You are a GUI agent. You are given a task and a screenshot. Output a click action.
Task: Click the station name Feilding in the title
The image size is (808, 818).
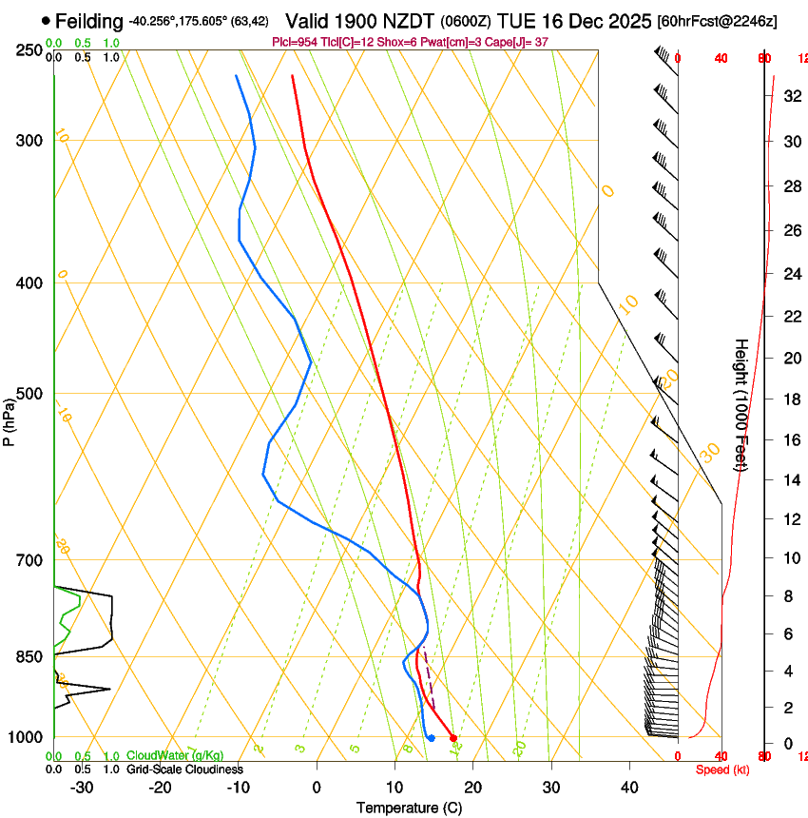(x=89, y=21)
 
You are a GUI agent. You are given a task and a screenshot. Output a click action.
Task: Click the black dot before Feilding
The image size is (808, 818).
(x=46, y=20)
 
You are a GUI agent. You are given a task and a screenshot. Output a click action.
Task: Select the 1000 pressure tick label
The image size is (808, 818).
(x=29, y=737)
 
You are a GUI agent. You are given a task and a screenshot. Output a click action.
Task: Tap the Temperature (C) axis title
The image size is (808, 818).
(x=409, y=808)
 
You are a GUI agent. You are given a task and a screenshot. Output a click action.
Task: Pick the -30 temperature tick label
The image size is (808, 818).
(x=82, y=787)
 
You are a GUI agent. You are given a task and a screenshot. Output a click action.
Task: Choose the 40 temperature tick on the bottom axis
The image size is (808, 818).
(x=628, y=787)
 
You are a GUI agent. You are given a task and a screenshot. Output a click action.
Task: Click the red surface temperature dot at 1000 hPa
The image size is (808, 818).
(x=453, y=738)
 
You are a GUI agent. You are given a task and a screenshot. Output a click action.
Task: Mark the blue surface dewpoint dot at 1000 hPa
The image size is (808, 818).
(x=431, y=738)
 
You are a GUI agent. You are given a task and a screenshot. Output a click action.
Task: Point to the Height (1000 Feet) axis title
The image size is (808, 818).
(x=741, y=404)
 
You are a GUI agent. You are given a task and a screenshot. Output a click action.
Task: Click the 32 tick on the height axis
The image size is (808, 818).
(x=790, y=95)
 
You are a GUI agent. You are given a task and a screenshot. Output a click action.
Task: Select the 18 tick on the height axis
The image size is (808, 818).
(x=790, y=399)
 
